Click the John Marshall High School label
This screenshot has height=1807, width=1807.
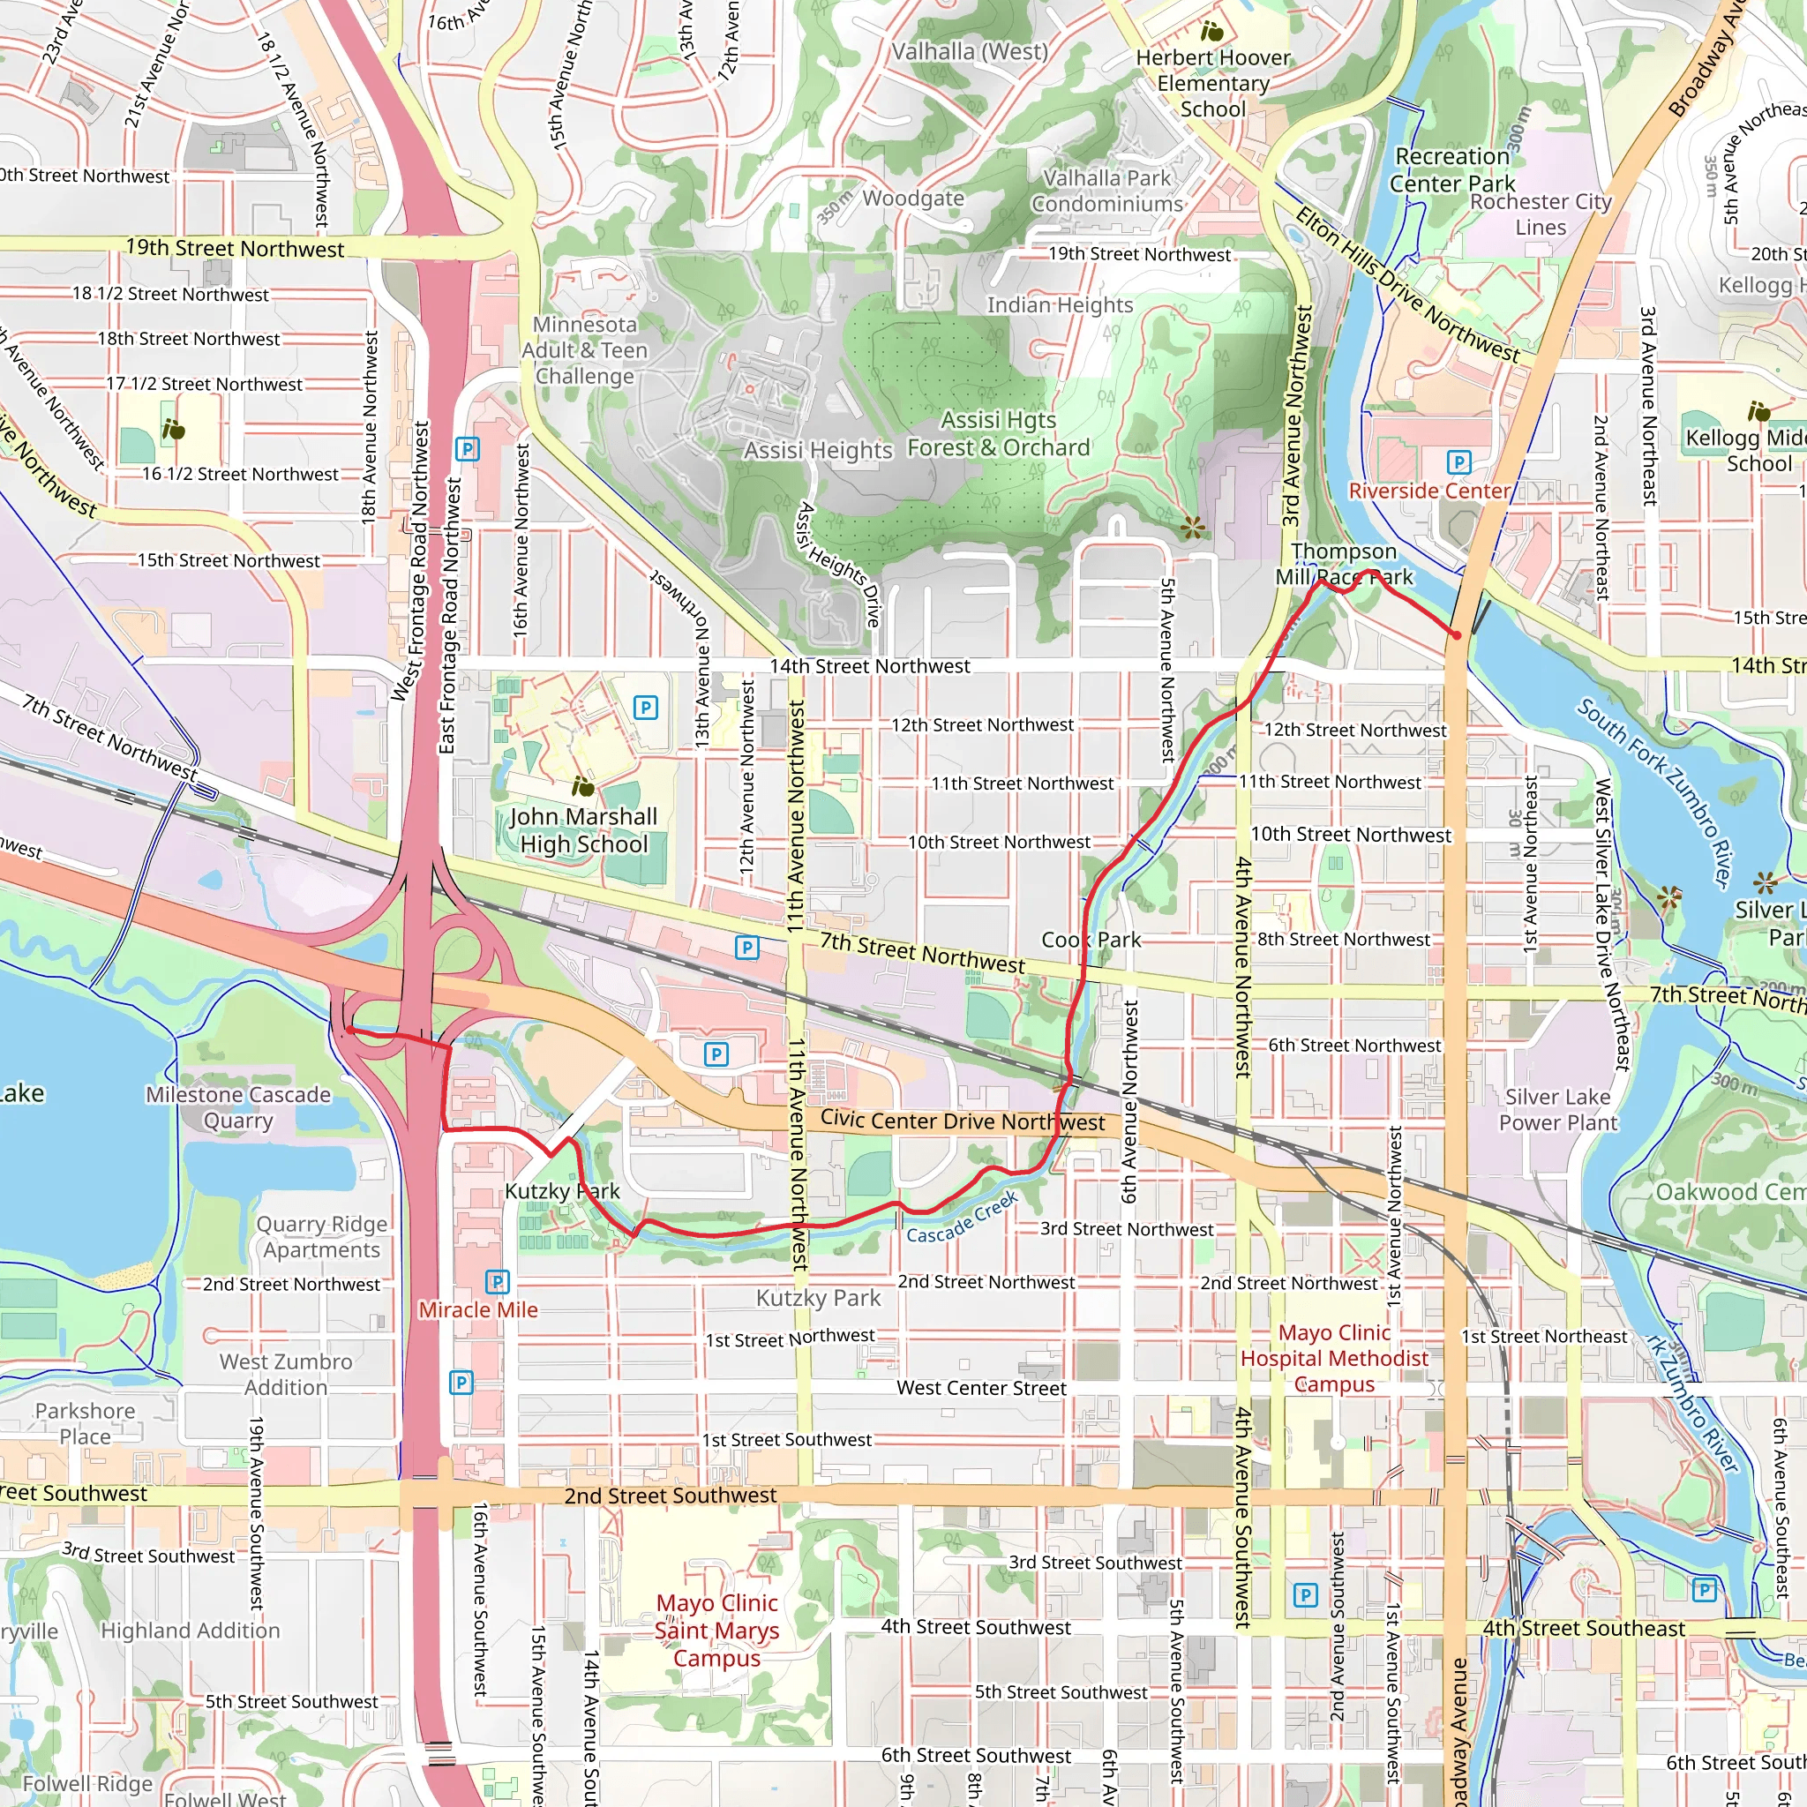(583, 830)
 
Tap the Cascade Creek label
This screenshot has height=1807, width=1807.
(962, 1219)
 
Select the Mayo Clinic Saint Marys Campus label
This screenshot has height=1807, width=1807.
(716, 1631)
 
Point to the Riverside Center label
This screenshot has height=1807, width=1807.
(1428, 491)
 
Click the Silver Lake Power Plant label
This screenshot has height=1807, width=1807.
(1557, 1109)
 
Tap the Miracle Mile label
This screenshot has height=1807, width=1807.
(478, 1310)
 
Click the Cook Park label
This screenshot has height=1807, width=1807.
(1091, 940)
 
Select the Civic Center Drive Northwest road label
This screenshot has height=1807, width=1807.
(963, 1121)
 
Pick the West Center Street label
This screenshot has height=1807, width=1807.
(981, 1388)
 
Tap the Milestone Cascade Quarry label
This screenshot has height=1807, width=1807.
(238, 1107)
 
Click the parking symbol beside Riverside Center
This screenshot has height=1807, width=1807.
(1458, 462)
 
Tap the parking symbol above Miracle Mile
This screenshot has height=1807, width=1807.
(498, 1281)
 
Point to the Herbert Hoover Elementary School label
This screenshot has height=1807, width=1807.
(1213, 83)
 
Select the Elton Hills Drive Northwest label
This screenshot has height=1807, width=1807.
(1407, 285)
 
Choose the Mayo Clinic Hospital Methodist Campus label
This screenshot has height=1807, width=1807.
(1334, 1358)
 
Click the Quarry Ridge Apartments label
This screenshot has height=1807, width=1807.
(322, 1236)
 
